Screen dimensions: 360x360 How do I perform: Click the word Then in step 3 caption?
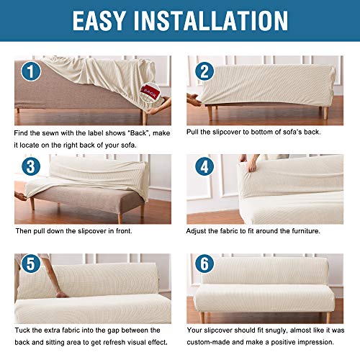click(x=23, y=231)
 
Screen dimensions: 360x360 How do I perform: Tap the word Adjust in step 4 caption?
click(x=199, y=231)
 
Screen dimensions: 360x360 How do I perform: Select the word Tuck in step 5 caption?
click(x=22, y=330)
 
